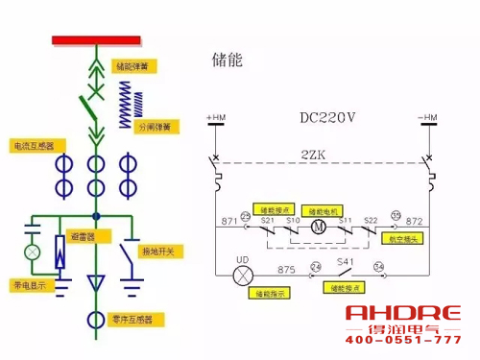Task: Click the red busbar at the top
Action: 95,41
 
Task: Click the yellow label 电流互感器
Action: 32,146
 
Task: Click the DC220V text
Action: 326,119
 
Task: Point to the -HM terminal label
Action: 430,118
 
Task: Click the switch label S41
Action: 346,260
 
